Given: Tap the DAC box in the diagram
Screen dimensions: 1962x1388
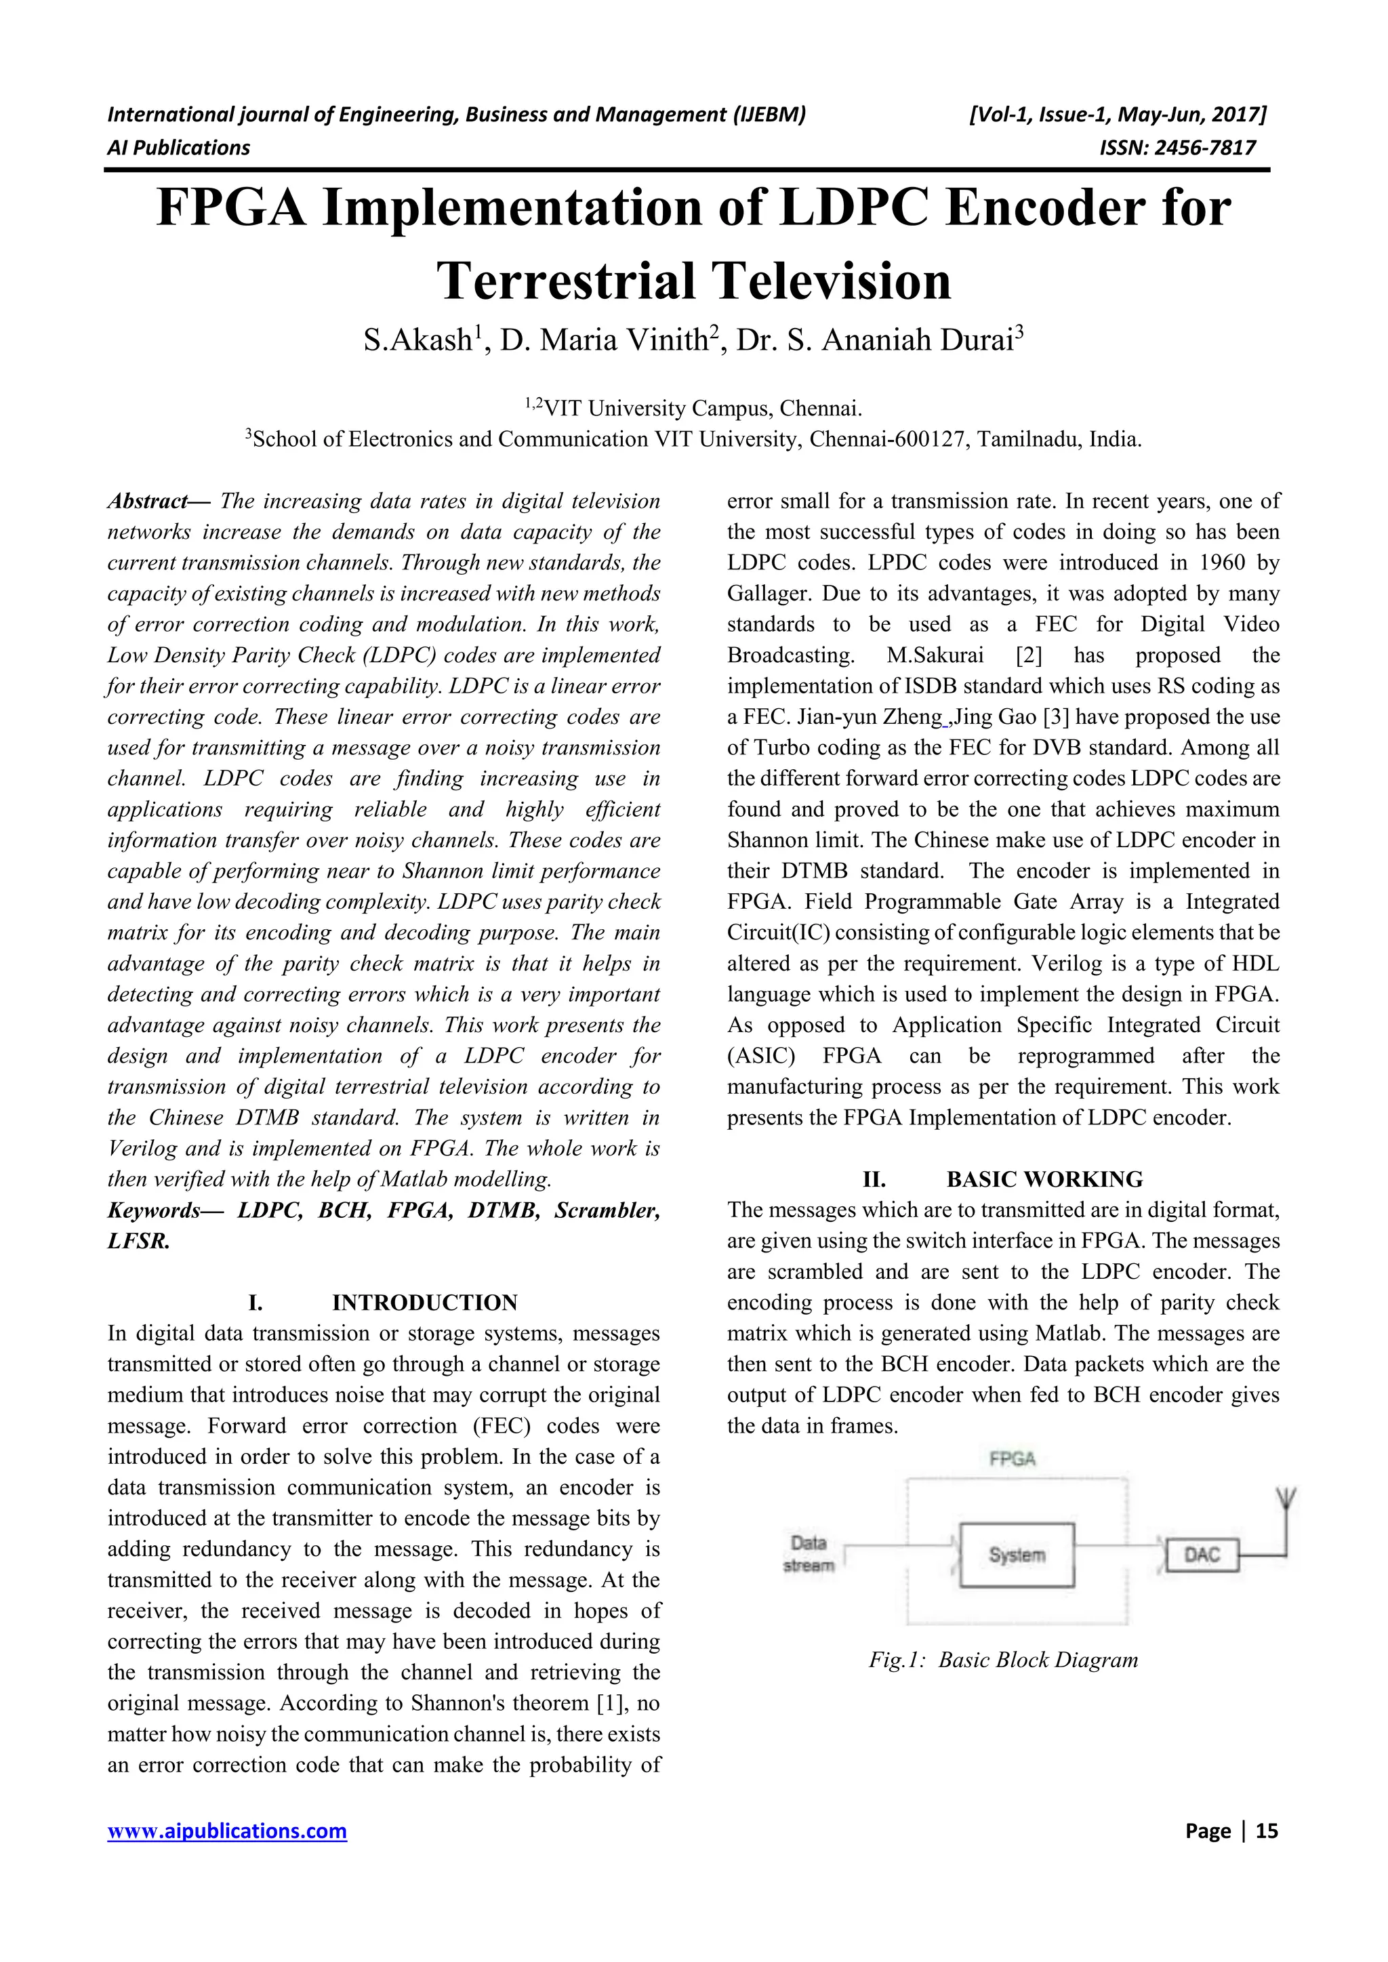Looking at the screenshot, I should (x=1202, y=1555).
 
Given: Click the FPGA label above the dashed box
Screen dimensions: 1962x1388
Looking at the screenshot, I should (x=1012, y=1458).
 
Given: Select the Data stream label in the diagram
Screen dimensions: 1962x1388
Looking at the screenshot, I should (x=808, y=1553).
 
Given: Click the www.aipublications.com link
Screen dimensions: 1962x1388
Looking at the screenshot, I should (x=226, y=1831).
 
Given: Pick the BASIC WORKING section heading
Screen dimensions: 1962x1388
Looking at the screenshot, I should (x=1044, y=1179).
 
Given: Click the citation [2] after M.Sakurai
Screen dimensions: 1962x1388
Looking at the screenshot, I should (x=1027, y=655).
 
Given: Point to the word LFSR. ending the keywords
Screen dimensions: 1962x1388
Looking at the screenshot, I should (x=138, y=1241).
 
